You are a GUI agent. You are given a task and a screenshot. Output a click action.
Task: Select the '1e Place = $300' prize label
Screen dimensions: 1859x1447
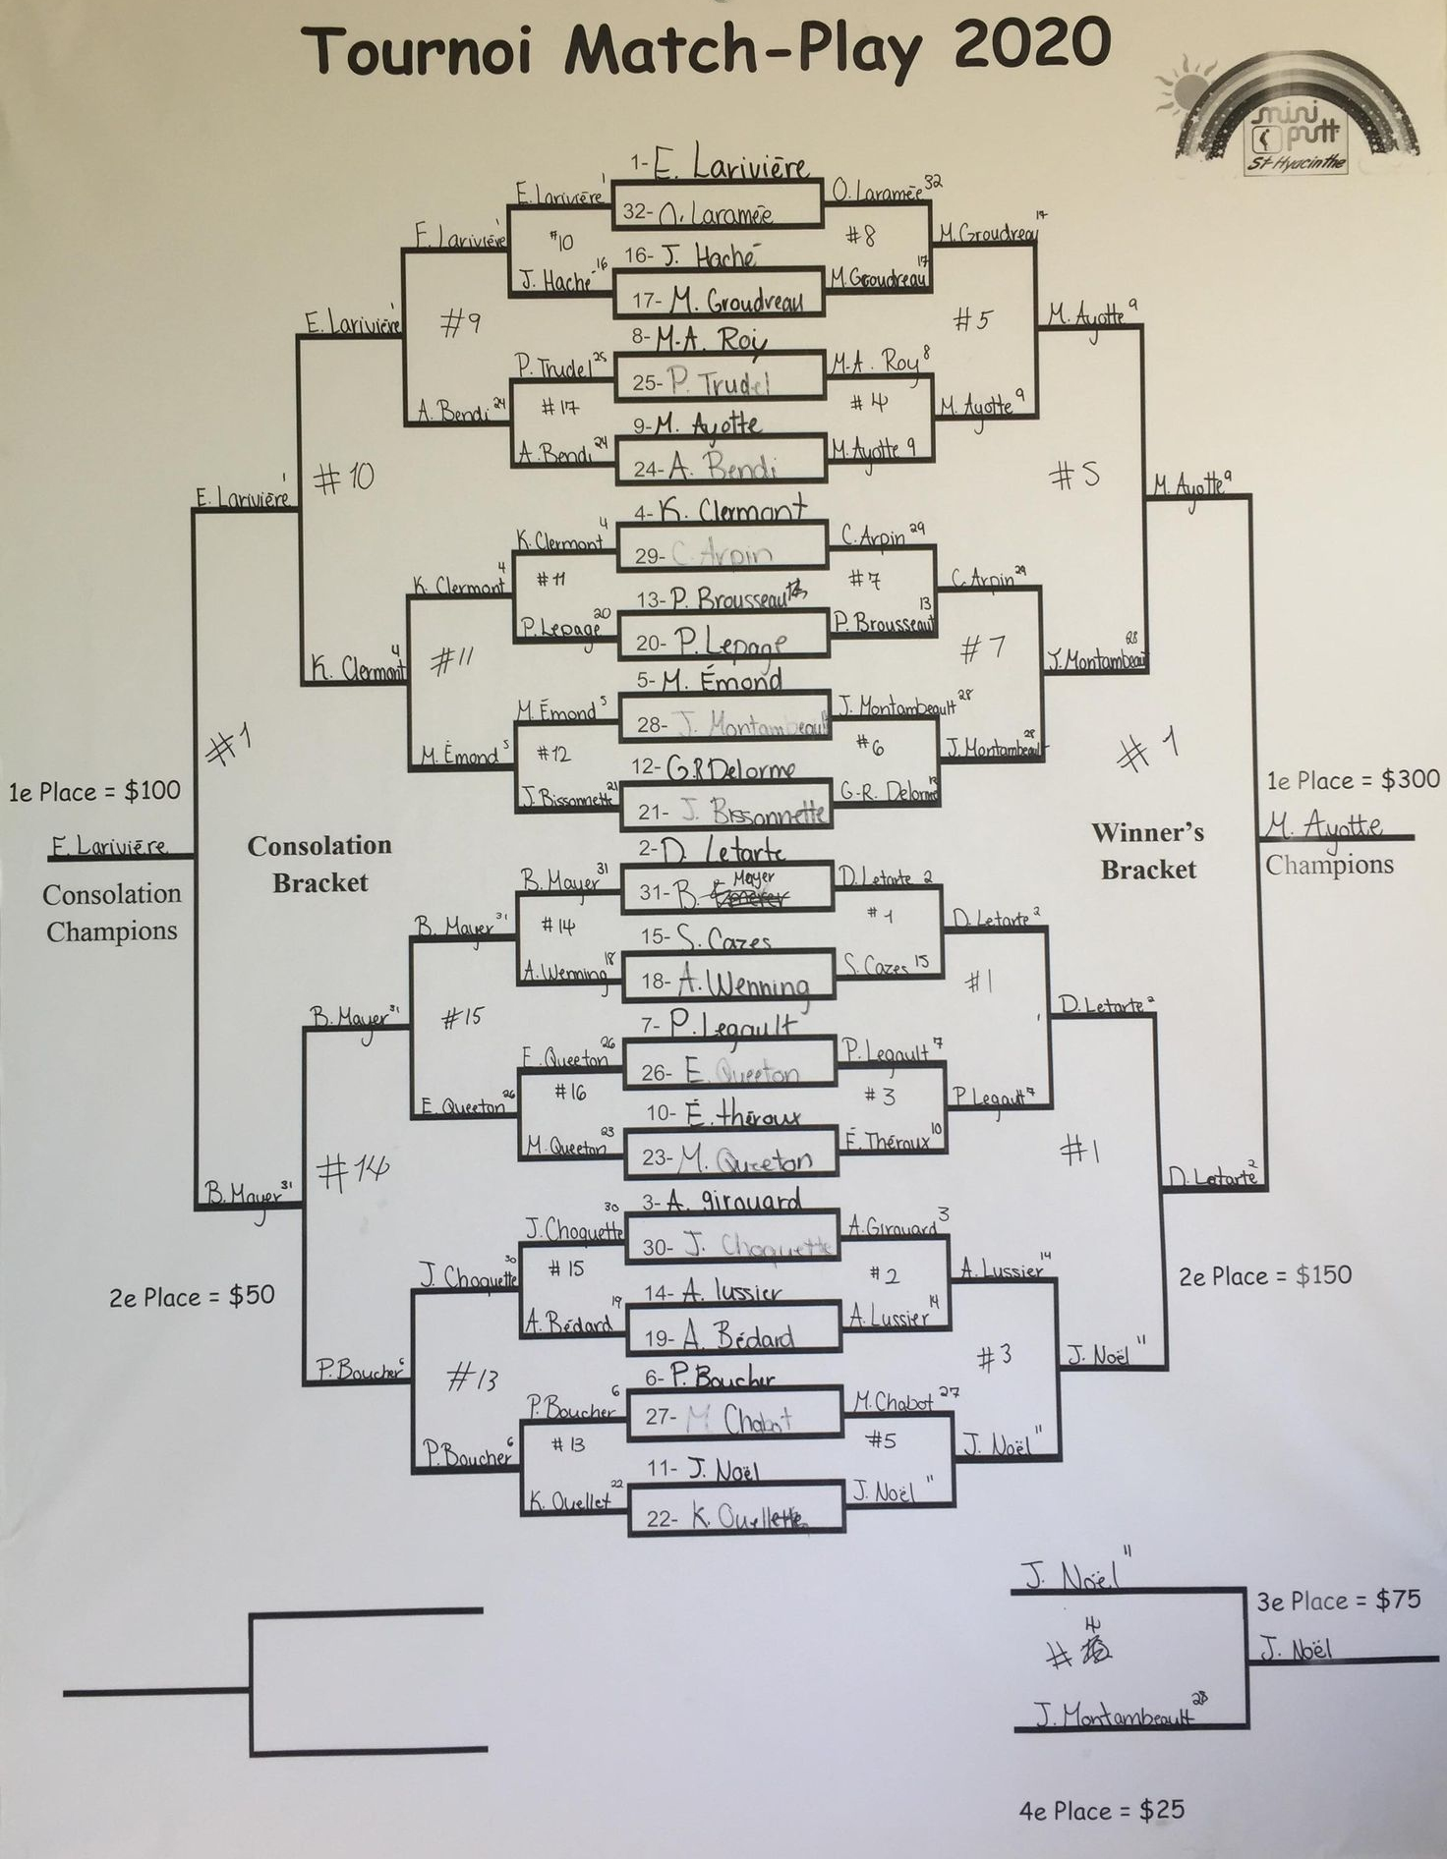pyautogui.click(x=1353, y=780)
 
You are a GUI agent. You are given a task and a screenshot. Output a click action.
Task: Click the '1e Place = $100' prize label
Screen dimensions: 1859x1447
pyautogui.click(x=94, y=791)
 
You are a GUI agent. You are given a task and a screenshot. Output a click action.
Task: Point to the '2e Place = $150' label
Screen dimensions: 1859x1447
pyautogui.click(x=1265, y=1275)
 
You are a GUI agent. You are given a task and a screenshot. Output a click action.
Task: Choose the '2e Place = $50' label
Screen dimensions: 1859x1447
pyautogui.click(x=192, y=1296)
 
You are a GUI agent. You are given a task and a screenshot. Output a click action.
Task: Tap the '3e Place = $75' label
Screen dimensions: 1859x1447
pyautogui.click(x=1338, y=1601)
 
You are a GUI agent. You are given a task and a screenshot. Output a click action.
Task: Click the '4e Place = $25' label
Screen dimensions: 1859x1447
pyautogui.click(x=1101, y=1810)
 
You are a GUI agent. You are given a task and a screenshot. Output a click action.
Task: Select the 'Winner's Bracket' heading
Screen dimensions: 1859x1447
pyautogui.click(x=1147, y=851)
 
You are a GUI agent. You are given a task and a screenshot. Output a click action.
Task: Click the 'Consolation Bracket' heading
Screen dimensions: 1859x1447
pyautogui.click(x=319, y=864)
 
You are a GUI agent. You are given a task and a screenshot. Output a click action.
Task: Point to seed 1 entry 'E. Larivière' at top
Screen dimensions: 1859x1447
pyautogui.click(x=732, y=163)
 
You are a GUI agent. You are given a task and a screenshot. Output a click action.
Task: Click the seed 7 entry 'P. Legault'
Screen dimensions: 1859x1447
pyautogui.click(x=733, y=1026)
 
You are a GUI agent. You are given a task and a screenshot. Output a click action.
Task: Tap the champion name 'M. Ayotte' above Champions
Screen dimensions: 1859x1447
pyautogui.click(x=1324, y=825)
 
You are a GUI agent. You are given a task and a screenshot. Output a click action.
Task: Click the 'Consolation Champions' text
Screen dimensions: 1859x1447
pyautogui.click(x=111, y=912)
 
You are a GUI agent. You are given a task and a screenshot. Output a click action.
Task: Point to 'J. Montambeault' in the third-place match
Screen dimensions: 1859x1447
pyautogui.click(x=1116, y=1716)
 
